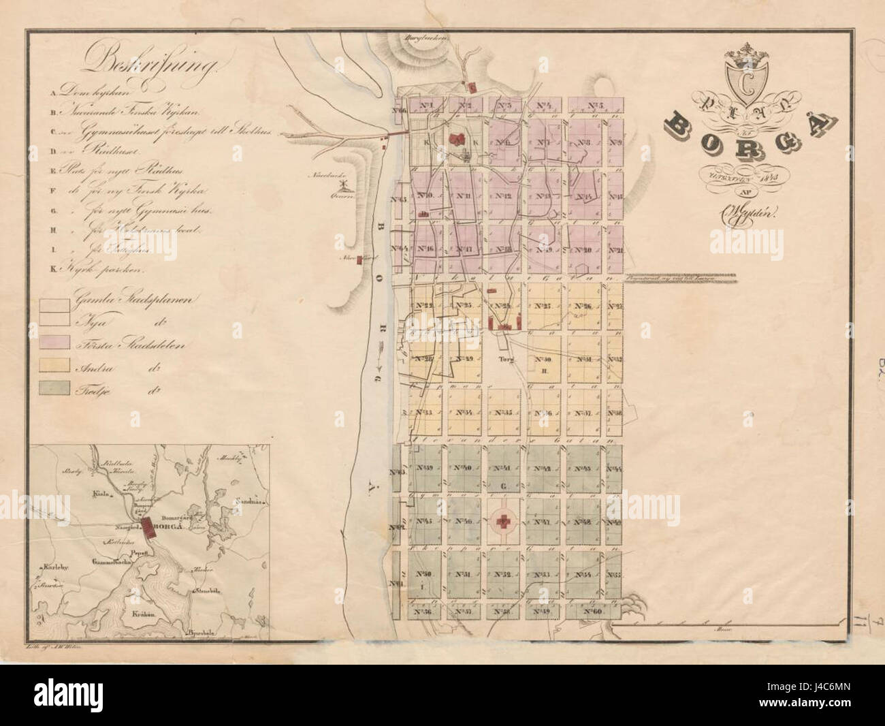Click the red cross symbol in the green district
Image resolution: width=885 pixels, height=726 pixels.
coord(504,522)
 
